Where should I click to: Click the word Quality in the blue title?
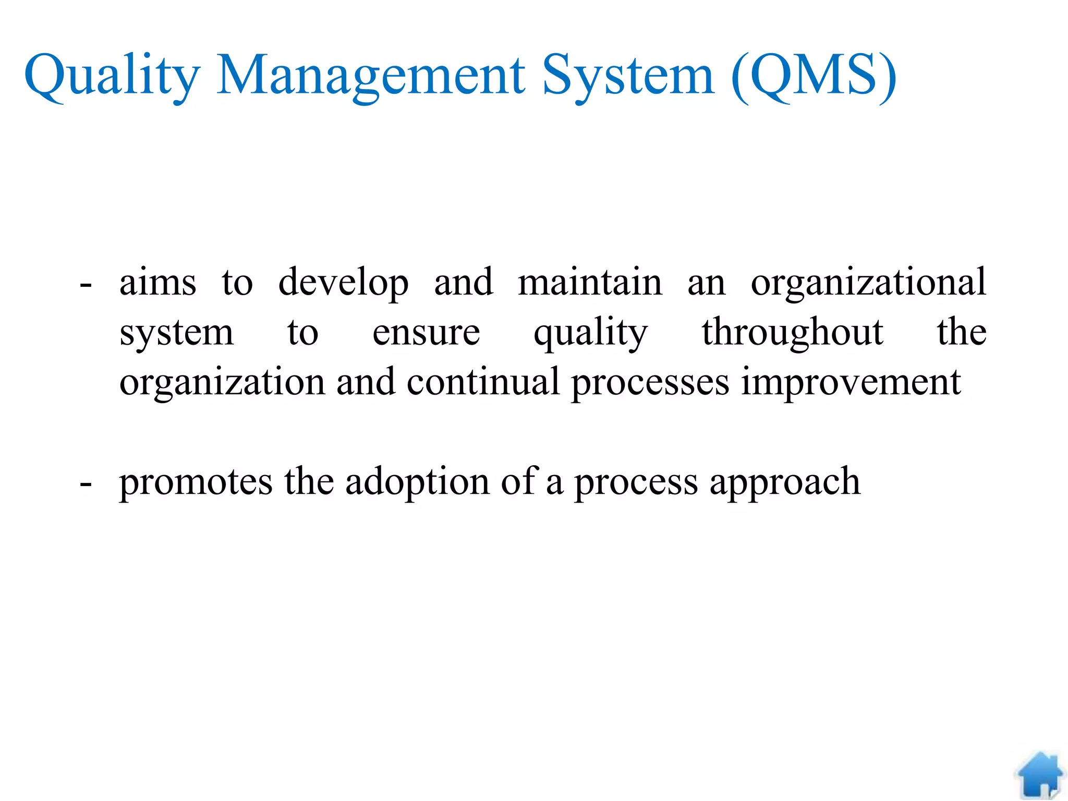(112, 77)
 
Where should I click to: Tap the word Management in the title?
(371, 77)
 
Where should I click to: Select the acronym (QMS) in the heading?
(814, 77)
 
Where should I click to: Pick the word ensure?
(426, 333)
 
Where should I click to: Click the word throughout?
(792, 333)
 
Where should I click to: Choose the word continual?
(483, 382)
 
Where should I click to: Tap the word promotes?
(196, 482)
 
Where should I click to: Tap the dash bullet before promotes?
(86, 484)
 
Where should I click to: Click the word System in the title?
(628, 77)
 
